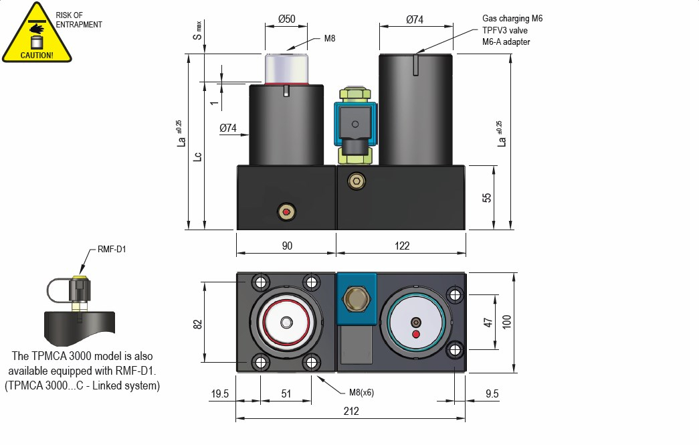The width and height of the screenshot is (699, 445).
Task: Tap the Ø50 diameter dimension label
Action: pyautogui.click(x=286, y=19)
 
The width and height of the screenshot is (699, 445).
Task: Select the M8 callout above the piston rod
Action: pyautogui.click(x=330, y=38)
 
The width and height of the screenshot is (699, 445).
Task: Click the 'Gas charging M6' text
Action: pyautogui.click(x=512, y=19)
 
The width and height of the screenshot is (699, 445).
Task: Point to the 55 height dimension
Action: pyautogui.click(x=487, y=197)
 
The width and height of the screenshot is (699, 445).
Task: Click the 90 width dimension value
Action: pyautogui.click(x=286, y=246)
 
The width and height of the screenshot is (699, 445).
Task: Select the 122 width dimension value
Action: pyautogui.click(x=401, y=246)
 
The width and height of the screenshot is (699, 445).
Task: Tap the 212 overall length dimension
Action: pyautogui.click(x=351, y=412)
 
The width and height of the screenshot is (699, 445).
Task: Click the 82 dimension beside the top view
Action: pyautogui.click(x=197, y=324)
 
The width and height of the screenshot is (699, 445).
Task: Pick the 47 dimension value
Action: pyautogui.click(x=488, y=323)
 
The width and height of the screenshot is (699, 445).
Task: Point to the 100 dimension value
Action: pyautogui.click(x=507, y=323)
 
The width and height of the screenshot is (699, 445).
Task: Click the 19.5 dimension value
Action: pyautogui.click(x=220, y=394)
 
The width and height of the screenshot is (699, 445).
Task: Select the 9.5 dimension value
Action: pyautogui.click(x=492, y=394)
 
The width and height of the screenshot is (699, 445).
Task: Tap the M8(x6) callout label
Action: pyautogui.click(x=361, y=393)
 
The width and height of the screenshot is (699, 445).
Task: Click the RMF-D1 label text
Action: pyautogui.click(x=112, y=250)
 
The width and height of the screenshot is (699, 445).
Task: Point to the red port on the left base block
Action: pyautogui.click(x=286, y=213)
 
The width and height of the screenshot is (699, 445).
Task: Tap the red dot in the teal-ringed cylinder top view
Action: pyautogui.click(x=416, y=333)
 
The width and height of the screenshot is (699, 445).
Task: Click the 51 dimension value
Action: pyautogui.click(x=286, y=394)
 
